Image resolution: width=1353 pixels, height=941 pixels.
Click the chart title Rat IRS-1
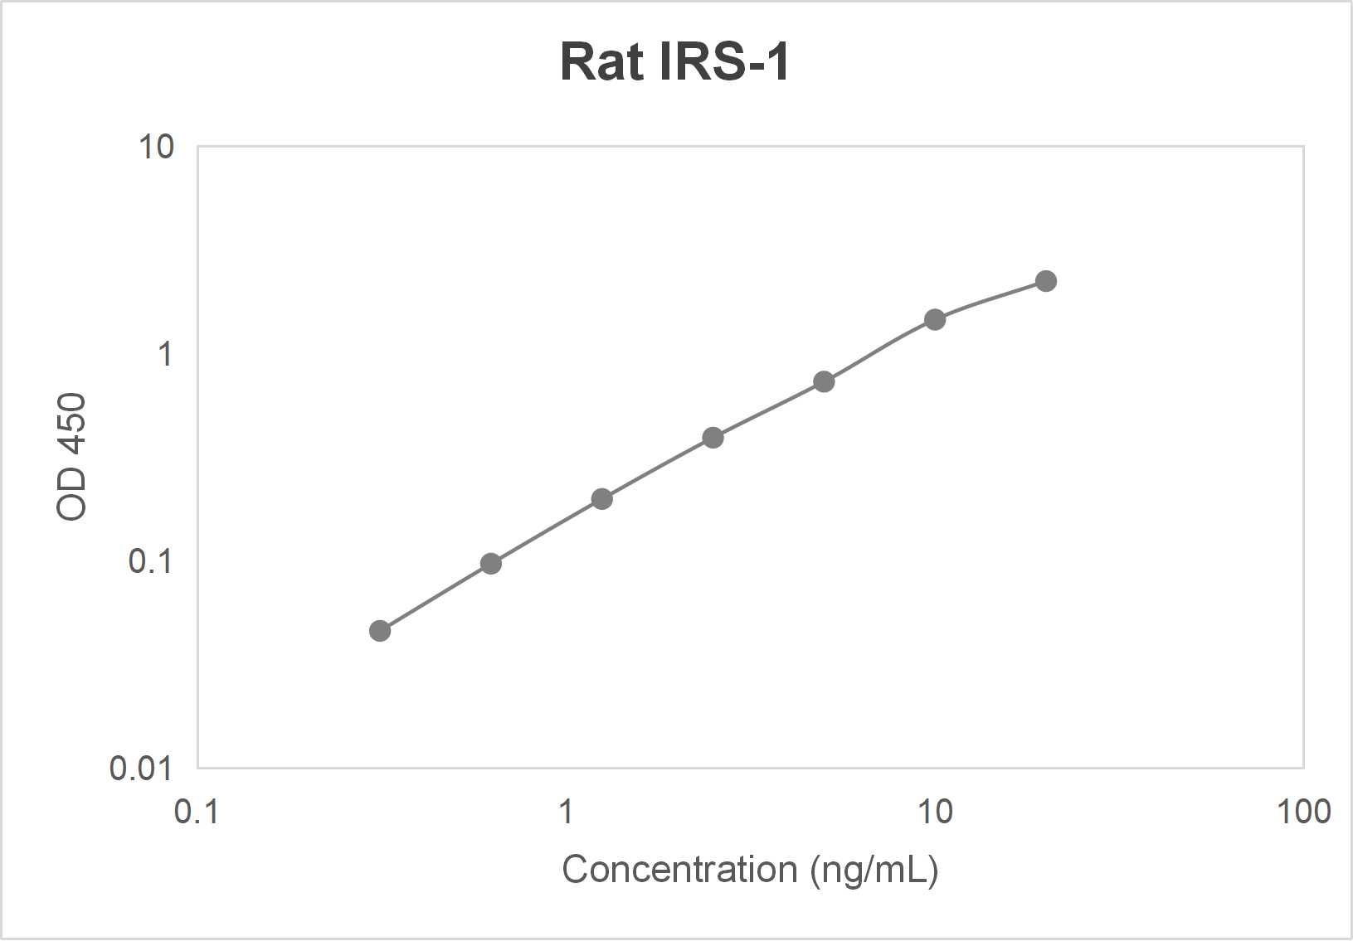tap(674, 61)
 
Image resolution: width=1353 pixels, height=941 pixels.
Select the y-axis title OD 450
tap(72, 457)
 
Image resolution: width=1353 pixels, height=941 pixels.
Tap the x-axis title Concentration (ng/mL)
tap(750, 870)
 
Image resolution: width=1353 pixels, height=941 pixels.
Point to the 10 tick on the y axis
tap(157, 148)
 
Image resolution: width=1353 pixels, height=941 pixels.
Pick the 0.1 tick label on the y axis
tap(150, 561)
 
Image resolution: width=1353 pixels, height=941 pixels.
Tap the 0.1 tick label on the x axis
tap(197, 812)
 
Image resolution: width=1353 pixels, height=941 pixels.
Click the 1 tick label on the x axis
tap(566, 812)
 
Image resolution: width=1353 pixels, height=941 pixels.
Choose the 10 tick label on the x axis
tap(935, 812)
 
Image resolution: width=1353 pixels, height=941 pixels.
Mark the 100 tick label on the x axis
tap(1303, 812)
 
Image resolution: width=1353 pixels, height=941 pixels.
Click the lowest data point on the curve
tap(380, 631)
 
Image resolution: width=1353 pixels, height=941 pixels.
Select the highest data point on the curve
tap(1046, 281)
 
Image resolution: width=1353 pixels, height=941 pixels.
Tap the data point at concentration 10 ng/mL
tap(935, 319)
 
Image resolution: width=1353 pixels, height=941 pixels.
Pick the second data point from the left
tap(491, 564)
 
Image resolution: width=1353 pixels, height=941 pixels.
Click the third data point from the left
tap(602, 499)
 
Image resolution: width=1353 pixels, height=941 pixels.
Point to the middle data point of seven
tap(713, 438)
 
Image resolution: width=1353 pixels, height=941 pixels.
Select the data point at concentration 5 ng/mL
tap(824, 381)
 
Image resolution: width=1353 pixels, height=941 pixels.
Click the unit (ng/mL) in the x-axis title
tap(874, 870)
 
